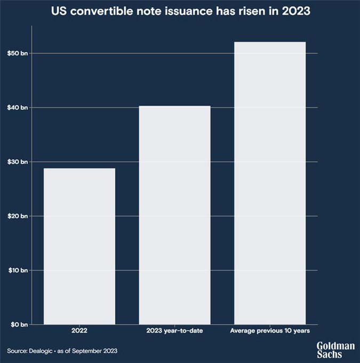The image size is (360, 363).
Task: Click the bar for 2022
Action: tap(79, 246)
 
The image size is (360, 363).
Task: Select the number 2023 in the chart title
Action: tap(293, 11)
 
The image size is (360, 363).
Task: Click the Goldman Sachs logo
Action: tap(335, 350)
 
